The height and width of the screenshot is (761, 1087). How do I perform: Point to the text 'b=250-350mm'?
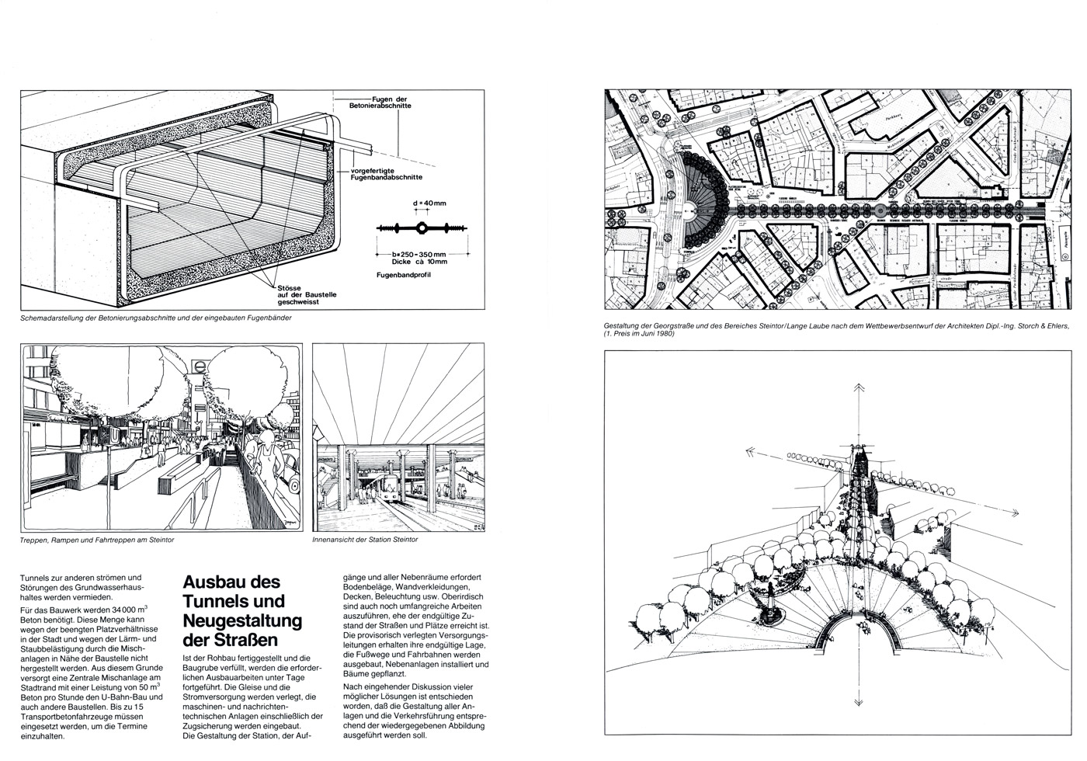point(420,254)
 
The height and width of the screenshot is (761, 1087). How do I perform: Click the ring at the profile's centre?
point(420,228)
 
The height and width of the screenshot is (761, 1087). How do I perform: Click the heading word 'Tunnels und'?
point(232,601)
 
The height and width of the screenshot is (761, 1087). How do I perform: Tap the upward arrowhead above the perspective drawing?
point(860,388)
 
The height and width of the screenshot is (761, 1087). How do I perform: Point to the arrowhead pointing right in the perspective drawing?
point(1014,513)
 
